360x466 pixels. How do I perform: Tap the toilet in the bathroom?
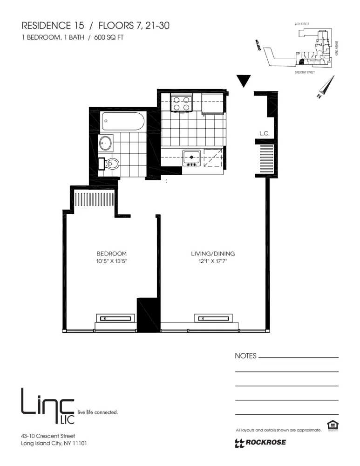(112, 164)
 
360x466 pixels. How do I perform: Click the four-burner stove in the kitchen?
(182, 103)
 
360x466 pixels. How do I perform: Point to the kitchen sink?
(191, 157)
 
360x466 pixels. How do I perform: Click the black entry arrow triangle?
(243, 81)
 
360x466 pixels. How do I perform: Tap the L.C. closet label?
(265, 134)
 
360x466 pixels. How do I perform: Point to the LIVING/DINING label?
(212, 254)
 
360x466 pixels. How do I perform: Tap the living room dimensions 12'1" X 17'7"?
(212, 261)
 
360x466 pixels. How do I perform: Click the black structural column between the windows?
(148, 315)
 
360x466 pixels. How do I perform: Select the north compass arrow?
(326, 87)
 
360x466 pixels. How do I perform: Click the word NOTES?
(245, 356)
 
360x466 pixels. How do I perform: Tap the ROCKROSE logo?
(261, 443)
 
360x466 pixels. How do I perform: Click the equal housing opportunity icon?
(333, 425)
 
